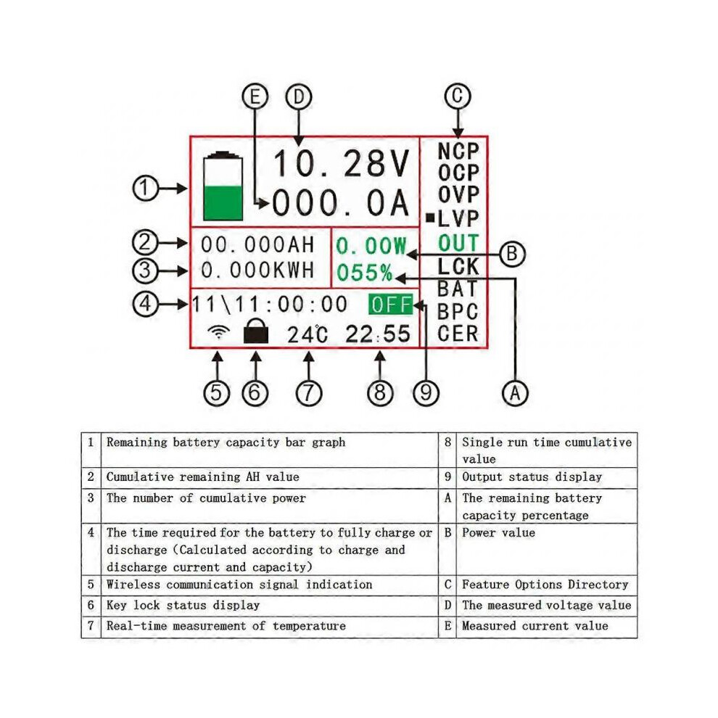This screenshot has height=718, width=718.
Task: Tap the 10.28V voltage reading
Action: point(341,163)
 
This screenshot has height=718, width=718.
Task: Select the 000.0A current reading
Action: point(340,203)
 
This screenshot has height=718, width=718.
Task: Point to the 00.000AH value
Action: point(257,244)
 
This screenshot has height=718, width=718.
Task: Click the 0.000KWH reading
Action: point(257,271)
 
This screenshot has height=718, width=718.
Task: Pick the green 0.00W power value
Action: point(371,246)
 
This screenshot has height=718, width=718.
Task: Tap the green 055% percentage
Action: point(365,273)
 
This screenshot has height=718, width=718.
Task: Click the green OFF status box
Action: point(391,305)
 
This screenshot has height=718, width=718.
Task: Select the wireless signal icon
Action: point(218,331)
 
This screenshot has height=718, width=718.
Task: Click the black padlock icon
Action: point(256,331)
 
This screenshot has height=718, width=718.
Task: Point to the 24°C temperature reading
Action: point(308,334)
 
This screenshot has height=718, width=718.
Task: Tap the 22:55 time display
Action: point(378,334)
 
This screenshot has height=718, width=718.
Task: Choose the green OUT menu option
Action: point(458,243)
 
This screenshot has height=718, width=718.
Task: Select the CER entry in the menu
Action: point(458,334)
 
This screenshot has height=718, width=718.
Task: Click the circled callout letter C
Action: point(458,96)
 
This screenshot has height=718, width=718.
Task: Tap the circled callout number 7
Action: point(309,393)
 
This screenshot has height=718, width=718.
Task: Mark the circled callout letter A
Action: point(515,393)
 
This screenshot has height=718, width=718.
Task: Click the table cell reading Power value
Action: point(499,532)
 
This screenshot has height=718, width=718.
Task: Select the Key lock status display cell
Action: point(183,606)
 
